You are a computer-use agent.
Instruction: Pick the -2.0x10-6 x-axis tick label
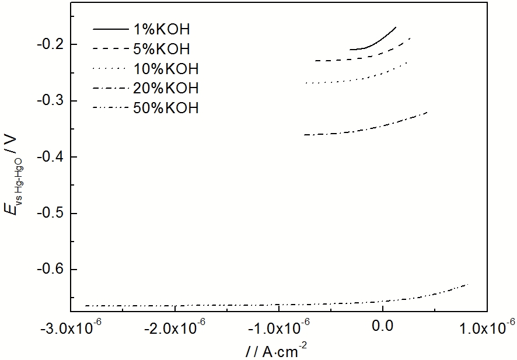tap(175, 328)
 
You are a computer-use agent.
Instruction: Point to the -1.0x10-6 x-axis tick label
tap(278, 328)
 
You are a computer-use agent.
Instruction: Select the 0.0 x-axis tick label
tap(382, 328)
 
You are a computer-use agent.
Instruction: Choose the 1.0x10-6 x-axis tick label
tap(485, 328)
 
